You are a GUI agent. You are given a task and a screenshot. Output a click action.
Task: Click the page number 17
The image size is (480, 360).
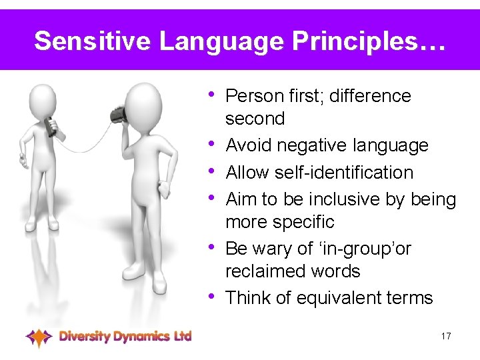tap(446, 336)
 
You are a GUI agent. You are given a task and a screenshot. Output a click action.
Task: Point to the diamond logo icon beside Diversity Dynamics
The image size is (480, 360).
tap(39, 337)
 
